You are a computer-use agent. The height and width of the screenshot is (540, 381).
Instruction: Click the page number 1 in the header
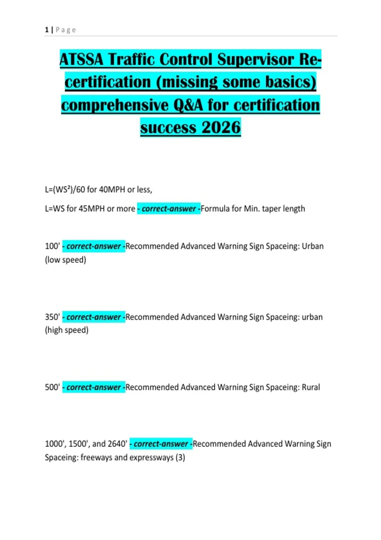pyautogui.click(x=47, y=30)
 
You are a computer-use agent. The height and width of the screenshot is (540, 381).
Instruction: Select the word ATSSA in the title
pyautogui.click(x=82, y=59)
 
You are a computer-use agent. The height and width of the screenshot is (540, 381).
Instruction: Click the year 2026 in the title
pyautogui.click(x=221, y=127)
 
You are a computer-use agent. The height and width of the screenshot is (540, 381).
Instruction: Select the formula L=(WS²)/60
pyautogui.click(x=65, y=190)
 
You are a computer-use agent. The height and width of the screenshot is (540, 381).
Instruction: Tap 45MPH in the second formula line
pyautogui.click(x=91, y=209)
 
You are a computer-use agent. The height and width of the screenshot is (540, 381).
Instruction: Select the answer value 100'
pyautogui.click(x=52, y=246)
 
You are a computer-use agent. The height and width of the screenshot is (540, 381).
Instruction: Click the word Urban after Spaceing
pyautogui.click(x=312, y=246)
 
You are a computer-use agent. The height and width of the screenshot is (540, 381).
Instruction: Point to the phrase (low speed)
pyautogui.click(x=66, y=260)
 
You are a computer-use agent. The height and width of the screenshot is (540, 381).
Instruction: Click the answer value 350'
pyautogui.click(x=52, y=317)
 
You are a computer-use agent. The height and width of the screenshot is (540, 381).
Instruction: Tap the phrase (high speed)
pyautogui.click(x=67, y=330)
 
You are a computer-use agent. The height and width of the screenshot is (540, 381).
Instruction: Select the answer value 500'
pyautogui.click(x=52, y=387)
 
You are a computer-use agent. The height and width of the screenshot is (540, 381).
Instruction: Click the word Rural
pyautogui.click(x=311, y=387)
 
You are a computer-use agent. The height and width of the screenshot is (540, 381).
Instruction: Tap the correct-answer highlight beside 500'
pyautogui.click(x=94, y=387)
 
